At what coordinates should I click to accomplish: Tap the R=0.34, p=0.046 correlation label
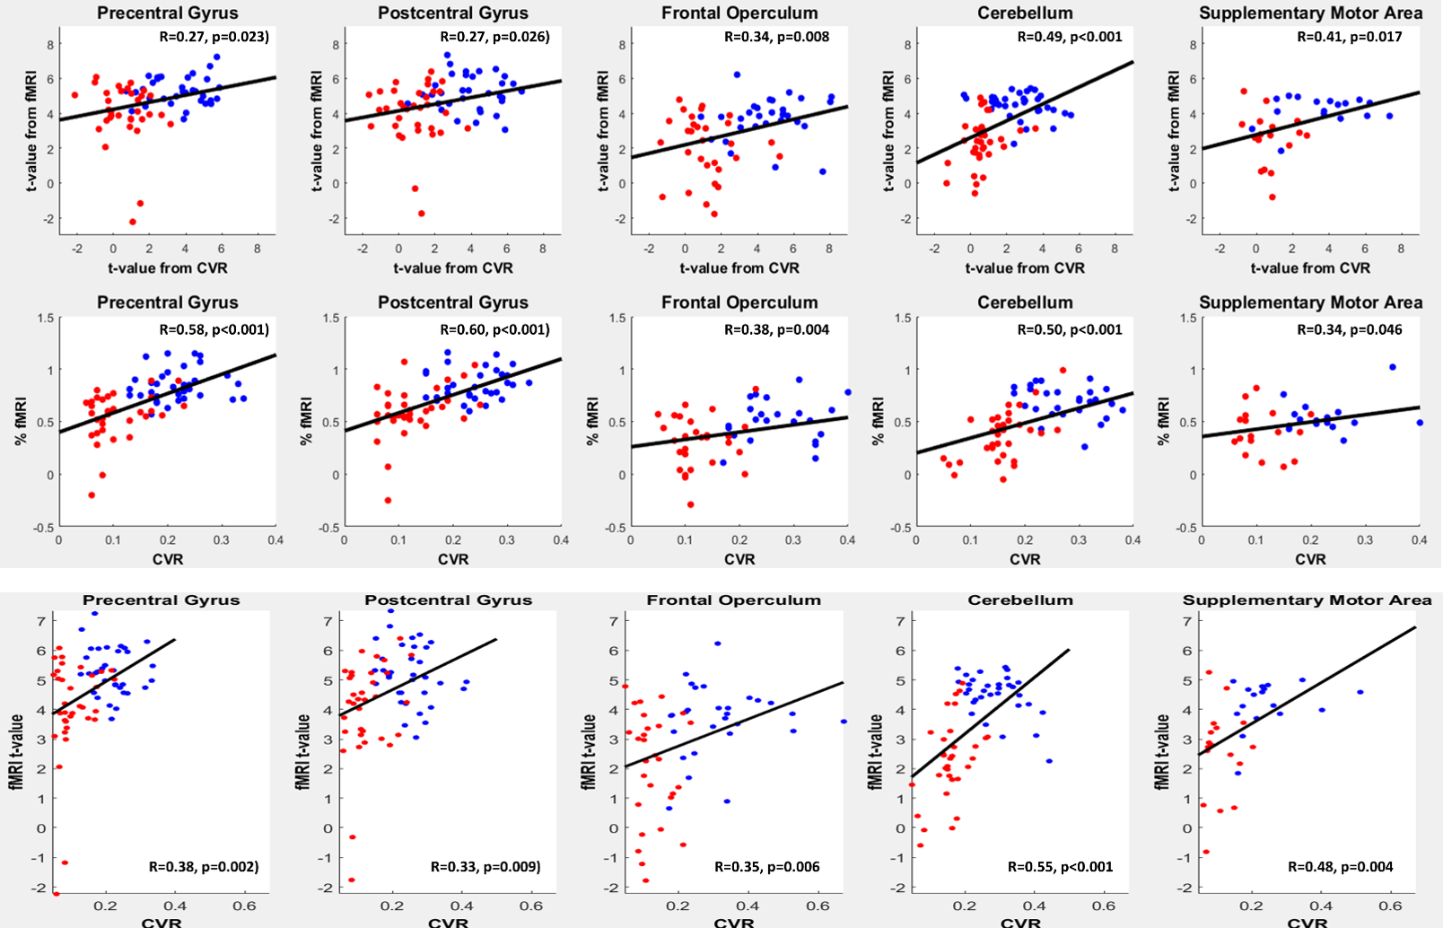1350,329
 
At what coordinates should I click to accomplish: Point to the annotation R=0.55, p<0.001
1060,867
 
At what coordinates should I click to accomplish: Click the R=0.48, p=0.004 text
1340,867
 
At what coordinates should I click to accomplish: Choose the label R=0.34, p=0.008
776,37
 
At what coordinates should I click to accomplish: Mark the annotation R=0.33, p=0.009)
485,867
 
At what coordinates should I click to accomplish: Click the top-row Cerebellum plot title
1025,13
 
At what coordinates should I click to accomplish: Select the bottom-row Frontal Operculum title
733,600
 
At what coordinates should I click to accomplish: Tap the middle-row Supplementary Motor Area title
1310,302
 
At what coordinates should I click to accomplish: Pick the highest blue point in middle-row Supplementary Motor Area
1393,367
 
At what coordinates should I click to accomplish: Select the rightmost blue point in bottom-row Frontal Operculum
844,722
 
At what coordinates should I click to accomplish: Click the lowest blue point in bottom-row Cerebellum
1049,761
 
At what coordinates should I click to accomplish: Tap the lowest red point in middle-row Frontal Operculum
690,504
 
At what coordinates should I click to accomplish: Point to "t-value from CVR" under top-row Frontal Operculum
739,267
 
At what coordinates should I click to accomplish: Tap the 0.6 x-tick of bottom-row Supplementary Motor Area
1390,906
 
